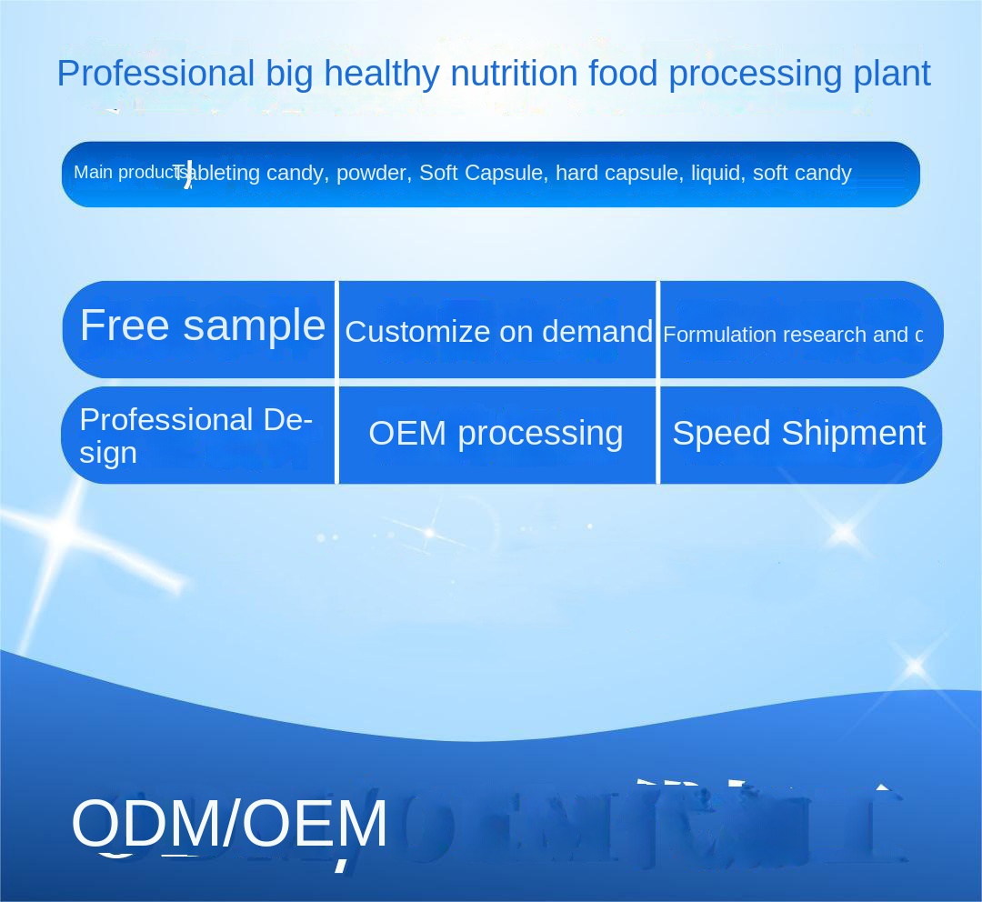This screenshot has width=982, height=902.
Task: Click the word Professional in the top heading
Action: click(155, 74)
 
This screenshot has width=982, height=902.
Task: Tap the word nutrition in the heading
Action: click(514, 74)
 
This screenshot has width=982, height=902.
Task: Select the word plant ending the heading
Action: click(891, 74)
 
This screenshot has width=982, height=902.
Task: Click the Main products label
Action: click(127, 172)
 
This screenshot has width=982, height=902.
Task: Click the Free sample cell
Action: click(202, 326)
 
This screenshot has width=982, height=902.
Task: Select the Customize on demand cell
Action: click(498, 332)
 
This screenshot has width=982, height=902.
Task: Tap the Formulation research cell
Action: click(792, 335)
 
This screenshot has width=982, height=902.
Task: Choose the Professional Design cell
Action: click(195, 436)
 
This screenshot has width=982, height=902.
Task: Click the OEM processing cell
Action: click(496, 434)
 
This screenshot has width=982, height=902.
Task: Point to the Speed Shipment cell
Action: click(798, 434)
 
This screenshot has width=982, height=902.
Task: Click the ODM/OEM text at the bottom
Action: click(229, 824)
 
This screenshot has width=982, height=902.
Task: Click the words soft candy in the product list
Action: click(802, 173)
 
